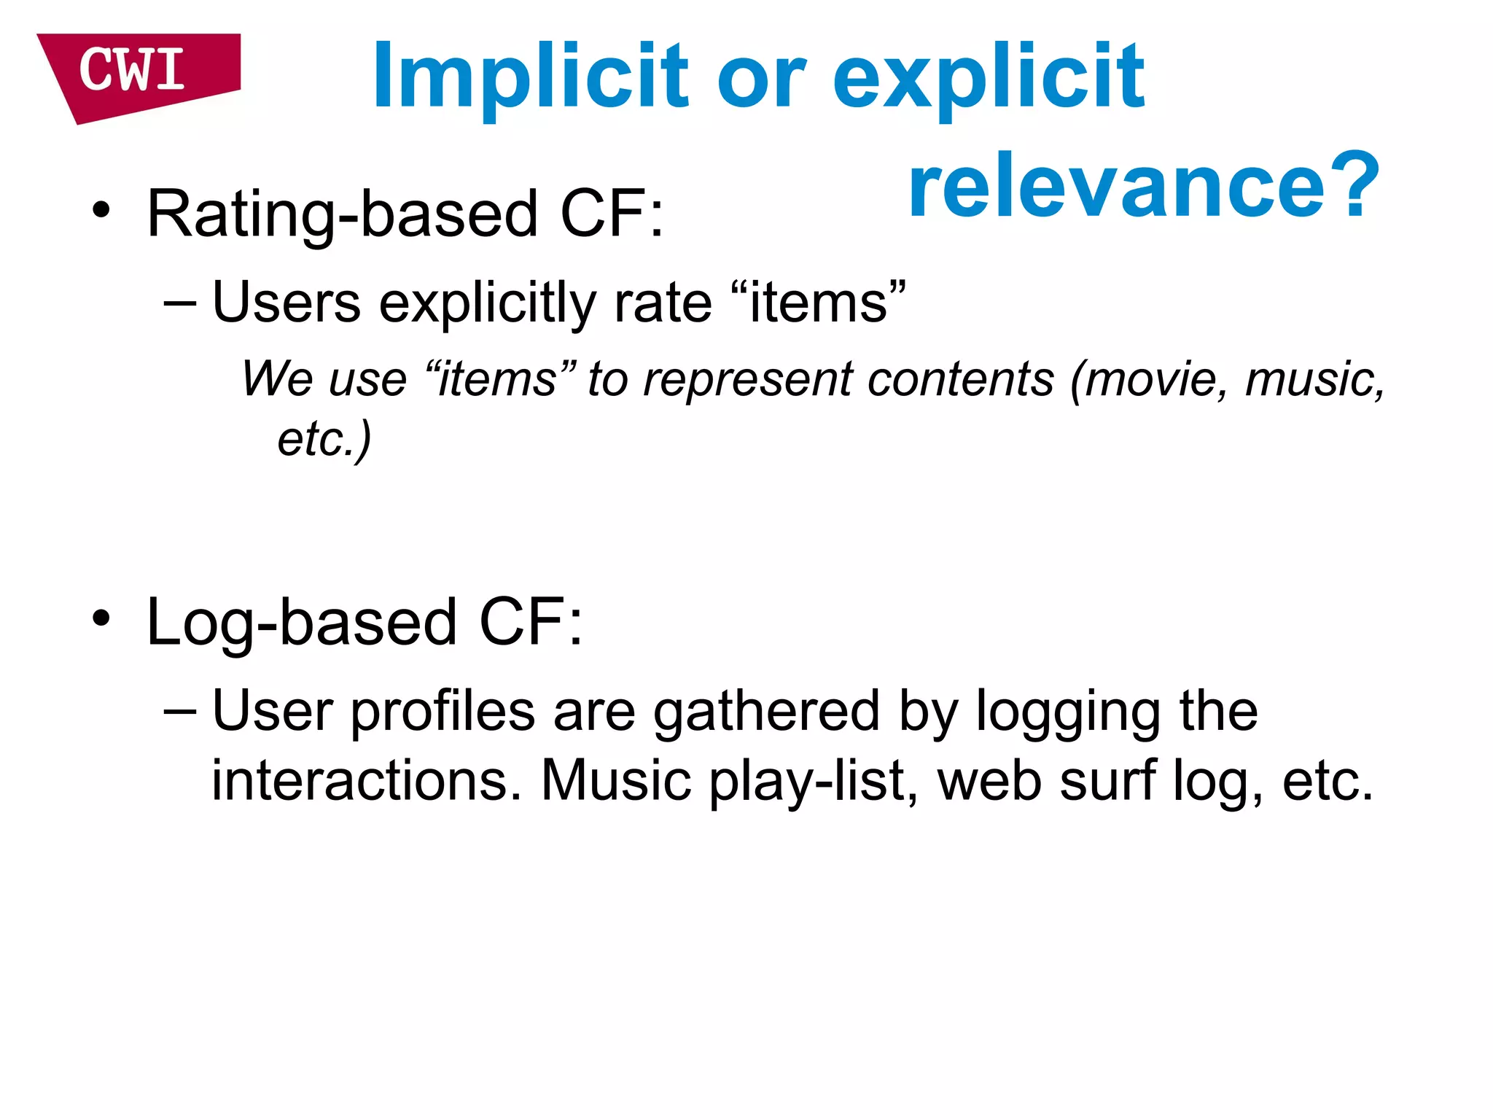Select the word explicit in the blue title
[989, 76]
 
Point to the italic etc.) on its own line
[324, 439]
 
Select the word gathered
[766, 711]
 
